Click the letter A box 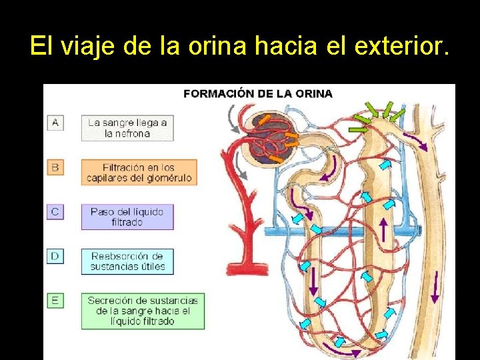click(x=55, y=123)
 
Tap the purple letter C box click(x=55, y=212)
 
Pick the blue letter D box click(x=55, y=256)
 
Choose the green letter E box click(x=55, y=301)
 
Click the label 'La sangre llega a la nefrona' click(x=127, y=128)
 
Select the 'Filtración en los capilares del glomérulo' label click(x=139, y=173)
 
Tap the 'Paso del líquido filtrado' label click(x=127, y=217)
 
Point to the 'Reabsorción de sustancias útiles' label click(x=127, y=261)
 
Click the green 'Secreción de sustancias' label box click(x=143, y=311)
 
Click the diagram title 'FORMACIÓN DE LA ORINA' click(x=258, y=94)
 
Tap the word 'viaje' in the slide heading click(x=85, y=46)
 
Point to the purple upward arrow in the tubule click(x=383, y=231)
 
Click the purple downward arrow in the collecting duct click(x=435, y=287)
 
